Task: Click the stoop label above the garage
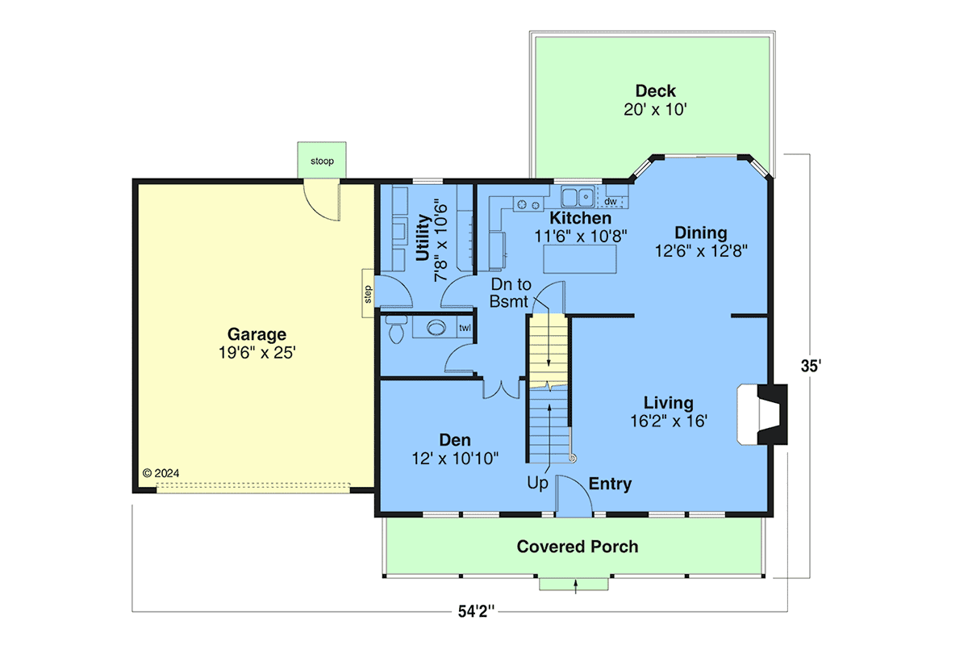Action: point(322,161)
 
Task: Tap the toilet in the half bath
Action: point(396,329)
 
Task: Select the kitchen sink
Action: point(578,196)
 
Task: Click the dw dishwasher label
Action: point(610,202)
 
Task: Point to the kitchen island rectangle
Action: point(579,258)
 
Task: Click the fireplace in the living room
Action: point(762,414)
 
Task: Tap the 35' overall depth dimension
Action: point(811,366)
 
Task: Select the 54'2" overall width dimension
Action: point(476,611)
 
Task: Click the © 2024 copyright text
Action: point(161,473)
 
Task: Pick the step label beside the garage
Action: point(368,294)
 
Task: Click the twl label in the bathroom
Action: point(465,328)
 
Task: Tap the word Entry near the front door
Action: point(610,484)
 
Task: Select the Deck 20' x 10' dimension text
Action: point(655,110)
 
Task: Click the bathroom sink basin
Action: point(436,328)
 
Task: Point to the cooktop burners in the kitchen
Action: point(528,204)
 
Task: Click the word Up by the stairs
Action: point(537,483)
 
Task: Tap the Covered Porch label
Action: point(578,547)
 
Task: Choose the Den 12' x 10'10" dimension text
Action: point(455,459)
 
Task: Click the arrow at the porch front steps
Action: point(576,587)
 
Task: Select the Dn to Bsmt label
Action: point(511,293)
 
